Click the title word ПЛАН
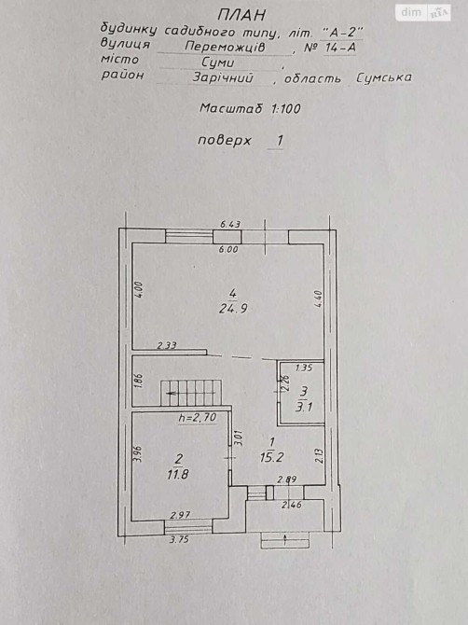pos(241,15)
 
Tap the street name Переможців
pos(225,47)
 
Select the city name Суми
pos(218,62)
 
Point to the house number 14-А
pos(340,48)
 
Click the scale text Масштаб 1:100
pos(250,108)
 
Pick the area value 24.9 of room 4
pos(233,309)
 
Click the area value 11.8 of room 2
pos(178,474)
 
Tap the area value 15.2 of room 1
pos(271,457)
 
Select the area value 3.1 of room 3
pos(304,407)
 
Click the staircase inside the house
pos(191,393)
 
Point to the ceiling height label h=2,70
pos(198,418)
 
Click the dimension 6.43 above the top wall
pos(230,225)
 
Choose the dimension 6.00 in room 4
pos(228,249)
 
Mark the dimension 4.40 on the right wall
pos(318,299)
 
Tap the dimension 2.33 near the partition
pos(167,345)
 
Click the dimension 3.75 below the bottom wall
pos(179,540)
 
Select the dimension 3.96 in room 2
pos(138,453)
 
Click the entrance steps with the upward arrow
pos(285,540)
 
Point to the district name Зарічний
pos(223,76)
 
